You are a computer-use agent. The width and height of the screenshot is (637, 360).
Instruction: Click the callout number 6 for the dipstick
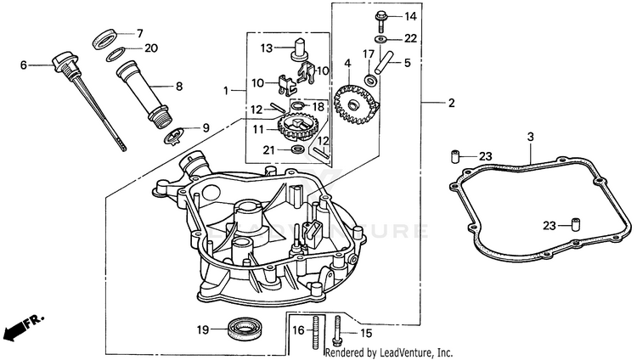[x=24, y=64]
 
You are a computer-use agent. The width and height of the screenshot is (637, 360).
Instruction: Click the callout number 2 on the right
[x=451, y=103]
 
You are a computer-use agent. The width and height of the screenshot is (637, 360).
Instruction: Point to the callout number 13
[x=265, y=47]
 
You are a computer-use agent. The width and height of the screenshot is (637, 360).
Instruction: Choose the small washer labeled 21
[x=299, y=149]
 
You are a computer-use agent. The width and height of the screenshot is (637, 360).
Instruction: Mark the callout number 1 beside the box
[x=226, y=90]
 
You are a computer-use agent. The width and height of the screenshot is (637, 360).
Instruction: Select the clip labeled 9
[x=174, y=132]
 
